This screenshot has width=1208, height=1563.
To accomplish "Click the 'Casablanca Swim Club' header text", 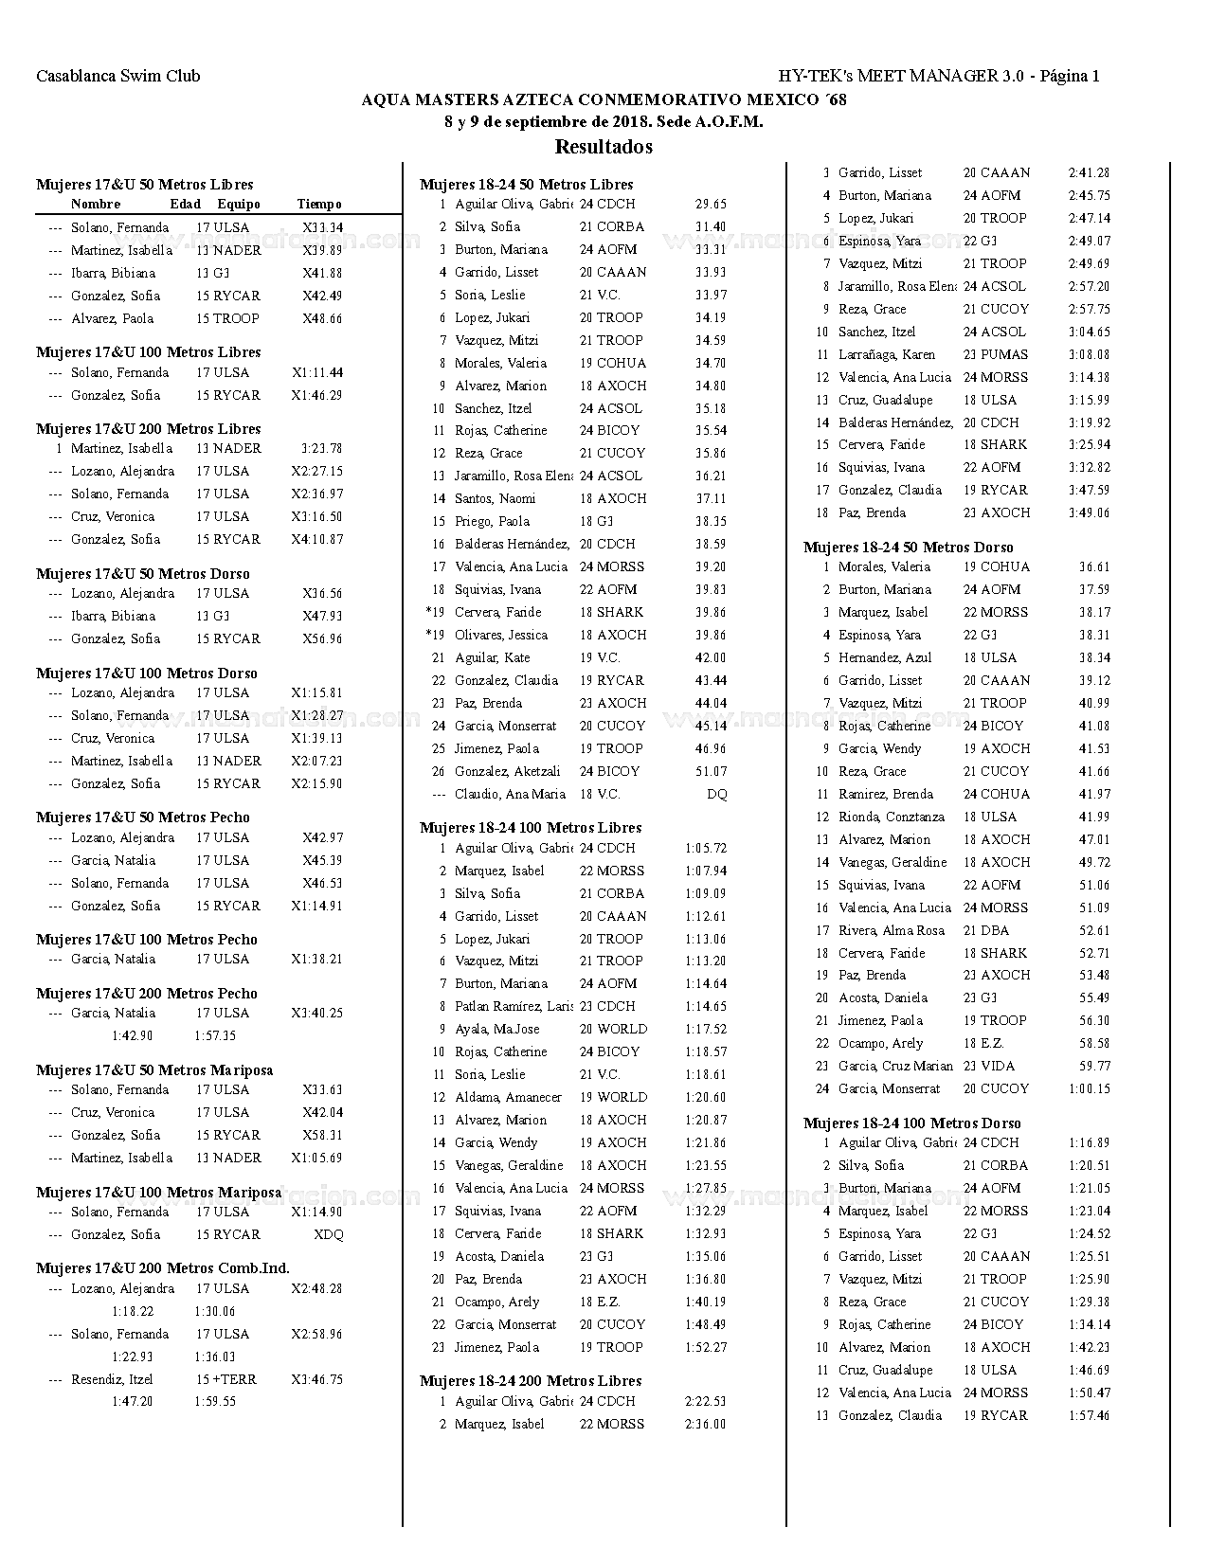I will click(x=118, y=77).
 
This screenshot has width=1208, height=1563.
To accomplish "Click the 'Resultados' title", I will click(x=604, y=147).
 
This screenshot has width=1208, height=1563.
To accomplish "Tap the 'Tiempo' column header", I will click(x=319, y=205).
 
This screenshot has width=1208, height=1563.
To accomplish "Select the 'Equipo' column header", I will click(x=239, y=205).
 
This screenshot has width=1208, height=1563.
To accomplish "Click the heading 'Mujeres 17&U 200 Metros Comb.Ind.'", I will click(x=163, y=1268).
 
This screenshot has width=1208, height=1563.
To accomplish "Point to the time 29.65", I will click(x=711, y=205).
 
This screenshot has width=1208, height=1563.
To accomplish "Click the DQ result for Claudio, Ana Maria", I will click(x=717, y=795).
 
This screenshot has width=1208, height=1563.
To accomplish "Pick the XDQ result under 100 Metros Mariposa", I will click(x=329, y=1235).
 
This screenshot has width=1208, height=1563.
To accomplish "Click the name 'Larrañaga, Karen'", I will click(x=887, y=355).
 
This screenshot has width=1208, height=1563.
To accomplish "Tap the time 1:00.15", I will click(x=1089, y=1089).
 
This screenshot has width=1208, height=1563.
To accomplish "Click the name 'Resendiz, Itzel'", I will click(x=112, y=1380).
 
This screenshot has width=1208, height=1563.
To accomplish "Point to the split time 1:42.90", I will click(x=132, y=1036).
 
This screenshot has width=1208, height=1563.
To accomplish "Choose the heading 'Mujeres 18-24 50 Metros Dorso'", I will click(x=908, y=548).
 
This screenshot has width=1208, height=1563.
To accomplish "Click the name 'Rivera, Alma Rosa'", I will click(x=892, y=931).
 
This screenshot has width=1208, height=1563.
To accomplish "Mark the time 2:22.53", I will click(x=705, y=1402).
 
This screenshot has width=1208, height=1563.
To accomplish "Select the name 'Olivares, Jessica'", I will click(x=501, y=636).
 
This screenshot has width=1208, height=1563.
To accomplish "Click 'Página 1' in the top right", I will click(x=1070, y=77).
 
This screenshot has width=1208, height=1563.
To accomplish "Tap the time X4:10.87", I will click(x=317, y=540).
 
